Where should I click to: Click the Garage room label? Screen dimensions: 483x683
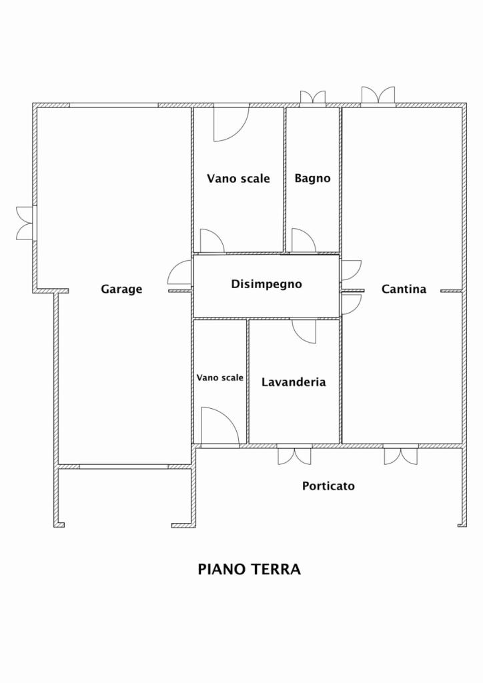(x=121, y=289)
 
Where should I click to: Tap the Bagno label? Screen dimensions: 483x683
(x=312, y=178)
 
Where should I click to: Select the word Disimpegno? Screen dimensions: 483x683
(x=266, y=284)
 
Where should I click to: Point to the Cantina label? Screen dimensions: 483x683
(x=404, y=289)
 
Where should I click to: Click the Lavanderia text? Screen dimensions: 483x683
(x=294, y=382)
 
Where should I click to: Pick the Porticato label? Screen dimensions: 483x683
(x=328, y=486)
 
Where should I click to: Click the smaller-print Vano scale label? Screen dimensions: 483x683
(x=220, y=378)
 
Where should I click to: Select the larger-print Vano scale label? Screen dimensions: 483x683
(x=238, y=179)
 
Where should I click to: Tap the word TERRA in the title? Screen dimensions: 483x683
(x=276, y=570)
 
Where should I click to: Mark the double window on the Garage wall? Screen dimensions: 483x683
(x=25, y=223)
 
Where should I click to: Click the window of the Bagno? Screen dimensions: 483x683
(x=313, y=99)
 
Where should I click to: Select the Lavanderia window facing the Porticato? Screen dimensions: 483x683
(x=294, y=455)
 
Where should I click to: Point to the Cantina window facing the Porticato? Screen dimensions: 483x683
(x=401, y=455)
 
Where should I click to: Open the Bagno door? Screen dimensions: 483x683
(x=304, y=240)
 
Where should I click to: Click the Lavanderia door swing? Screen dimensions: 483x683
(x=304, y=331)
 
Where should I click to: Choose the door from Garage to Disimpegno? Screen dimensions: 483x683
(x=179, y=272)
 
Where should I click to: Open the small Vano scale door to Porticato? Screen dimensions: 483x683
(x=220, y=428)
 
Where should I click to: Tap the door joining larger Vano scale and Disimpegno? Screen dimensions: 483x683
(x=212, y=240)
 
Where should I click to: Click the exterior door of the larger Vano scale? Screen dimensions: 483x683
(x=231, y=123)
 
